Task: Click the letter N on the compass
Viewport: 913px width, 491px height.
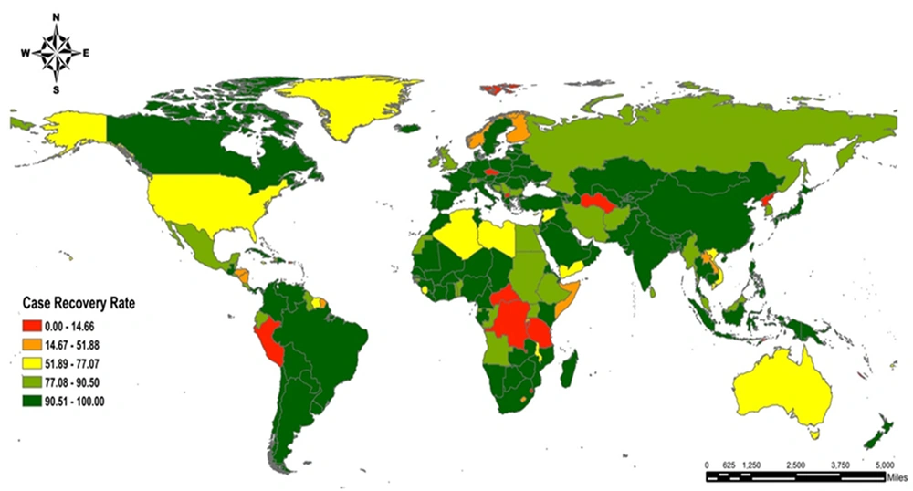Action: tap(57, 17)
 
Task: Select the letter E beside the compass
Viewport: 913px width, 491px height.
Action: tap(86, 53)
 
